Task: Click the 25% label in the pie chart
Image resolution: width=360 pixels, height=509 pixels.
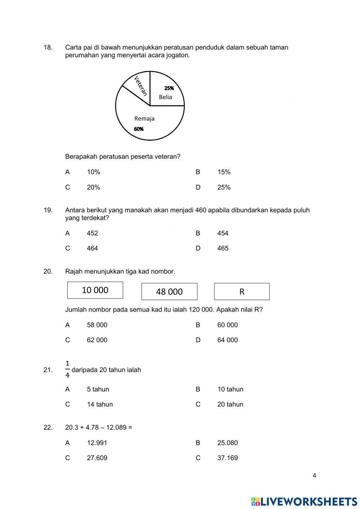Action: [169, 88]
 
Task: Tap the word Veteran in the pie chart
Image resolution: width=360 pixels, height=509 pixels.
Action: [141, 86]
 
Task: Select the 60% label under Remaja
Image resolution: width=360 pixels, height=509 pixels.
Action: [139, 129]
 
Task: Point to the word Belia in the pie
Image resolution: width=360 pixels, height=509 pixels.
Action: [166, 97]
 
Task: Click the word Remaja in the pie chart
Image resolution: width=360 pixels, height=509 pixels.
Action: [144, 119]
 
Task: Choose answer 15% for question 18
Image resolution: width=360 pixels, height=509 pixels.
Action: [224, 172]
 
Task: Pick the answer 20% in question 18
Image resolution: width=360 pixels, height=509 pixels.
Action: [93, 187]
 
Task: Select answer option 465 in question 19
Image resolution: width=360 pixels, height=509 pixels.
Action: [223, 248]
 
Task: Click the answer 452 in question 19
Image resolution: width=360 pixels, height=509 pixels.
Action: [92, 233]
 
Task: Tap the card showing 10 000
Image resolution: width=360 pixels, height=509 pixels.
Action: [95, 290]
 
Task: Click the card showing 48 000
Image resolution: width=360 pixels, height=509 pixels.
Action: [169, 291]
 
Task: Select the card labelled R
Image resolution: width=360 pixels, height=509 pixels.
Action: [242, 291]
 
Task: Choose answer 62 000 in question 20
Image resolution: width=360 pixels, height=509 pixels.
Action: [97, 340]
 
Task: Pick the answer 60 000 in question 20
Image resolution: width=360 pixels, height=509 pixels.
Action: [228, 325]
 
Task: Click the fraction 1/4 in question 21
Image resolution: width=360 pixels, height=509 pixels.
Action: [67, 369]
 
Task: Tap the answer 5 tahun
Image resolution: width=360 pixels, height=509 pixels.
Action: [98, 389]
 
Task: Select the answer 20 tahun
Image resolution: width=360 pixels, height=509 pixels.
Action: [230, 405]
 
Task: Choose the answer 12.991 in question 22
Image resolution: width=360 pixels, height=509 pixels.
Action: [97, 443]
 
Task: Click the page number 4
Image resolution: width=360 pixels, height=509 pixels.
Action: [314, 475]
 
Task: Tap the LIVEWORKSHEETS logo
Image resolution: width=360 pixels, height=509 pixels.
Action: [304, 501]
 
